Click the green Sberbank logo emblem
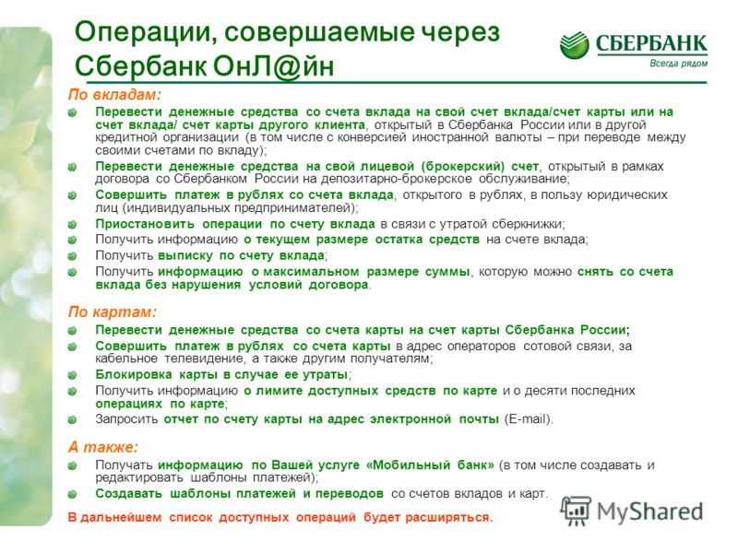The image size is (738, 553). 574,45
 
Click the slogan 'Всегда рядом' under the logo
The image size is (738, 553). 678,64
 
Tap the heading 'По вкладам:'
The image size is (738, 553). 114,95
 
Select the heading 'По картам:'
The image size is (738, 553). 112,312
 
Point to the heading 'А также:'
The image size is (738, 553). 103,447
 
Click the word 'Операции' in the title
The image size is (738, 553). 146,32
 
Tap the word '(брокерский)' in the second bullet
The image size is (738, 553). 463,166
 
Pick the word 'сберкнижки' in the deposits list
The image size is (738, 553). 531,224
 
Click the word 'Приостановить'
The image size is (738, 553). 145,224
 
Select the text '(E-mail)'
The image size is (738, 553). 528,419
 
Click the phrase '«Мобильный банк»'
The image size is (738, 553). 430,465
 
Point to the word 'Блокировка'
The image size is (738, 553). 134,374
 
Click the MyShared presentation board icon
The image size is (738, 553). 576,511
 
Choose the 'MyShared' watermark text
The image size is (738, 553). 650,512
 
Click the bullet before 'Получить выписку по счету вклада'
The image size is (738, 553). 72,256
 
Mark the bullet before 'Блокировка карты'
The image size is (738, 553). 72,375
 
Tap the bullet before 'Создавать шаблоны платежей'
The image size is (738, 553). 72,494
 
